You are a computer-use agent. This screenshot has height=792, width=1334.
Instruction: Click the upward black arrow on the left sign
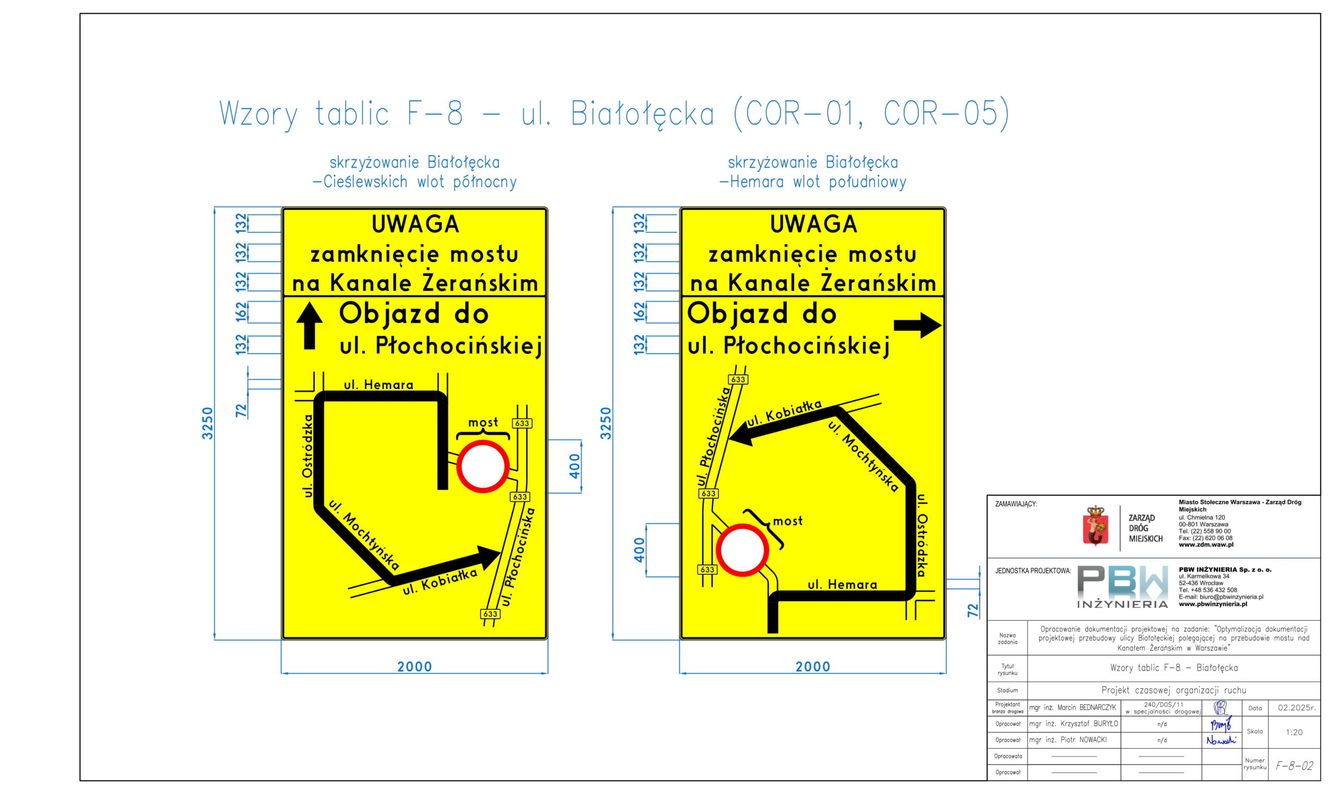tap(309, 326)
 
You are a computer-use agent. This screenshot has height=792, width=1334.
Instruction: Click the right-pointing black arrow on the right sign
tap(918, 325)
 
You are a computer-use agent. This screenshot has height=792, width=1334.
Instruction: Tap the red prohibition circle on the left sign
tap(483, 467)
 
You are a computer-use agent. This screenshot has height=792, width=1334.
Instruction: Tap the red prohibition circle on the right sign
tap(742, 550)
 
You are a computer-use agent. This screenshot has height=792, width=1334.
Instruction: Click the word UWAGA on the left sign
tap(415, 224)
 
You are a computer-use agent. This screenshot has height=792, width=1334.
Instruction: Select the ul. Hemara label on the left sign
tap(379, 385)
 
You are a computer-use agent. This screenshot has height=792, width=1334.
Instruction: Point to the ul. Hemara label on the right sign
tap(843, 585)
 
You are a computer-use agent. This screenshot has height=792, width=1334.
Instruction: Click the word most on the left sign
tap(483, 423)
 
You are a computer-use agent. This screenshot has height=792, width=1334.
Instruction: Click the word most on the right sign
tap(788, 521)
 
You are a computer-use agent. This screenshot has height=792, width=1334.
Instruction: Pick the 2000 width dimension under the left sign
tap(414, 667)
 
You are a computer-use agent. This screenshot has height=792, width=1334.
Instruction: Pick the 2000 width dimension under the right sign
tap(813, 667)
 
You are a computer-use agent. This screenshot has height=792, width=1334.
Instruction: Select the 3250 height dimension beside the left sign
tap(207, 423)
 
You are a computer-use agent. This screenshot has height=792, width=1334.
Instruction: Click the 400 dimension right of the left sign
tap(575, 466)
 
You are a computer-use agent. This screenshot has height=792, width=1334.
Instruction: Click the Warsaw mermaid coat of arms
tap(1095, 526)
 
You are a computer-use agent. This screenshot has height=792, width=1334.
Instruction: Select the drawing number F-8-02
tap(1294, 766)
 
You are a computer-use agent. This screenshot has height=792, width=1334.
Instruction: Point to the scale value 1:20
tap(1294, 732)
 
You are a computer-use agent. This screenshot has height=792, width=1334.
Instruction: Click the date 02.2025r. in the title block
tap(1296, 708)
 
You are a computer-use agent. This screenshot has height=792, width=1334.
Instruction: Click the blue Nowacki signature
tap(1221, 740)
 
